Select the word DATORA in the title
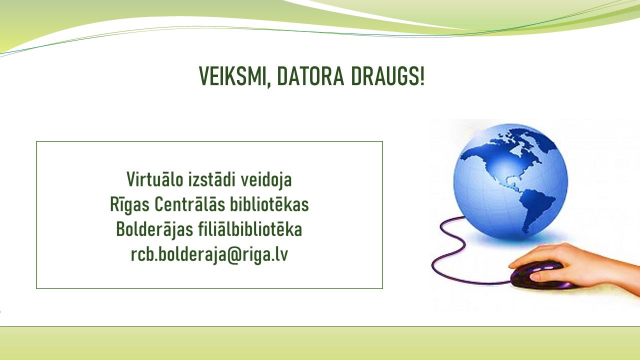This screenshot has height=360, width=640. coord(310,76)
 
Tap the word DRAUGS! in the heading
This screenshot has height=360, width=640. coord(387,76)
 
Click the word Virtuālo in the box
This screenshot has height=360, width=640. coord(154,179)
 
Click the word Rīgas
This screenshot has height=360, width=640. coord(129,205)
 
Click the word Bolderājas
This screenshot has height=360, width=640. coord(154,230)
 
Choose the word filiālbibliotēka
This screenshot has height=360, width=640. coord(250,229)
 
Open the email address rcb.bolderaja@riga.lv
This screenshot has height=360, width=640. coord(209,255)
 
